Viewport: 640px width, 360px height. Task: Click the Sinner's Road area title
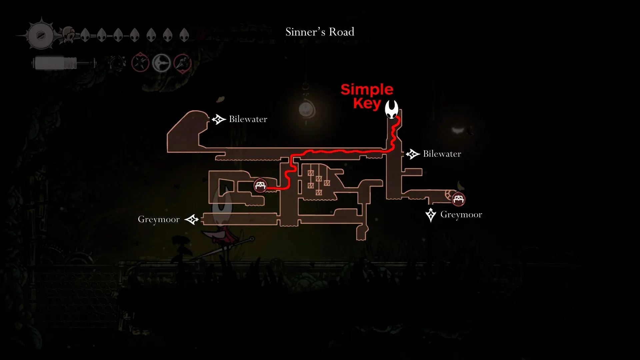(x=320, y=32)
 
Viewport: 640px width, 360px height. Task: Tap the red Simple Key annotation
(x=367, y=96)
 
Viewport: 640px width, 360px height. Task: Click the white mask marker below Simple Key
(x=392, y=109)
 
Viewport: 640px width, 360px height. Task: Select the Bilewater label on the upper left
(x=248, y=119)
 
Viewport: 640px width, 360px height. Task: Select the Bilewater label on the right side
(x=442, y=154)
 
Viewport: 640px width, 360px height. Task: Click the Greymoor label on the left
(x=159, y=219)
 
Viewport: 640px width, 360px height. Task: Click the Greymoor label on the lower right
(x=461, y=214)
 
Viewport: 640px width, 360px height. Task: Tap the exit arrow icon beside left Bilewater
(x=219, y=119)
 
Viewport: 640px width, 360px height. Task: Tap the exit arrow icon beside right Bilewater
(x=413, y=154)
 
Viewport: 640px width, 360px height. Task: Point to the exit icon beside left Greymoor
(x=192, y=220)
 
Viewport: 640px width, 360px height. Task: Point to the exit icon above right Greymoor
(x=431, y=215)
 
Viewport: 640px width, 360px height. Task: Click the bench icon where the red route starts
(x=260, y=185)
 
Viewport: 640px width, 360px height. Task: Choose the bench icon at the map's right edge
(x=458, y=199)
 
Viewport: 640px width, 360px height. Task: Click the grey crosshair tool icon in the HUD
(x=162, y=63)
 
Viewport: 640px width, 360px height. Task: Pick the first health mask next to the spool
(x=85, y=35)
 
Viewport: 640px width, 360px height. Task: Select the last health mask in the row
(x=184, y=35)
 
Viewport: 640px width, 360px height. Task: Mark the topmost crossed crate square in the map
(x=311, y=173)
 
